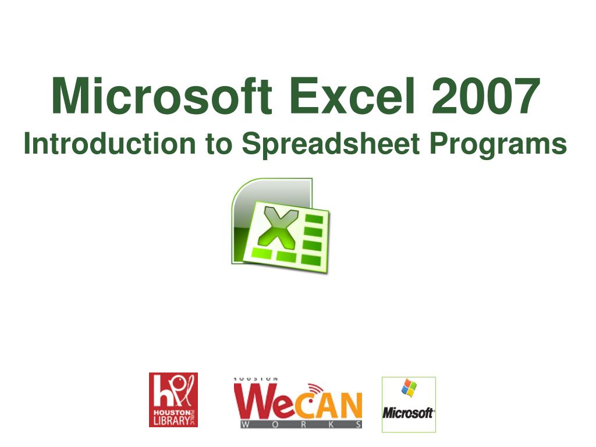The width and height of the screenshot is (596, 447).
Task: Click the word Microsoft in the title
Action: click(161, 97)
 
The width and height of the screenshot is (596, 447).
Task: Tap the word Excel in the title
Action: click(351, 97)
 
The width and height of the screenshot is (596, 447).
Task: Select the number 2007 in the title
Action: click(485, 97)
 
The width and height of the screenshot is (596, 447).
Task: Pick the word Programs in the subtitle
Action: click(498, 144)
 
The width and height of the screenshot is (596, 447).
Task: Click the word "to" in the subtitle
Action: click(219, 144)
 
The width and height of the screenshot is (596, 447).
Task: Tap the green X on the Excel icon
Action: click(278, 226)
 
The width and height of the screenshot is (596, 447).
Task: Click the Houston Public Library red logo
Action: click(173, 400)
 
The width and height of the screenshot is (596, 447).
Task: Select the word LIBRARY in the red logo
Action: click(169, 420)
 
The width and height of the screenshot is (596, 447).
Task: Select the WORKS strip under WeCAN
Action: click(298, 425)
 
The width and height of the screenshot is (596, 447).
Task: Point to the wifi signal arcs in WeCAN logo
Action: click(314, 388)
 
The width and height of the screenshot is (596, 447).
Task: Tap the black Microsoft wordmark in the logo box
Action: click(408, 413)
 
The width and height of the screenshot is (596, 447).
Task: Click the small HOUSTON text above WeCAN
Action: click(256, 379)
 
